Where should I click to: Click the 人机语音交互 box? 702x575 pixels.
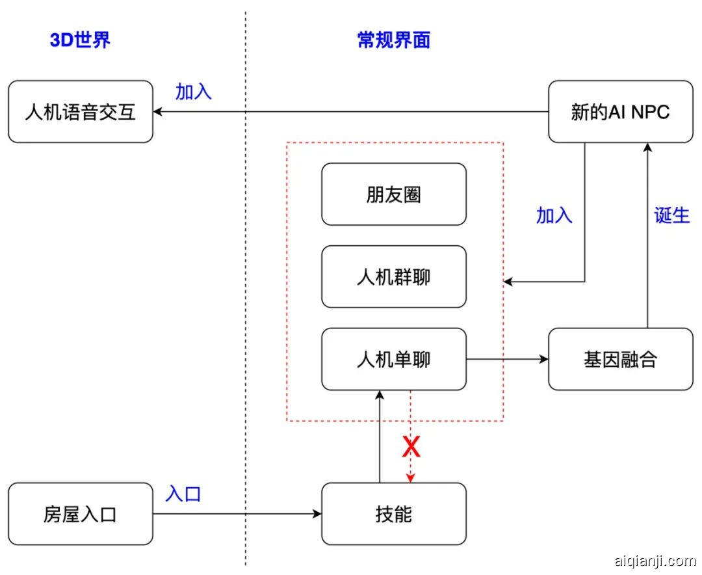coord(81,112)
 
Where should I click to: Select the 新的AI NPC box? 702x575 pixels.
coord(620,112)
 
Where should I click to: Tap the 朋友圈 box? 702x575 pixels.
coord(394,194)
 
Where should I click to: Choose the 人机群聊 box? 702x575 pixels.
coord(394,277)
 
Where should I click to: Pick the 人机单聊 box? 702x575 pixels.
coord(394,359)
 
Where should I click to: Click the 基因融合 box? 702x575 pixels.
coord(620,359)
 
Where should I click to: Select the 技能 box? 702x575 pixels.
coord(394,514)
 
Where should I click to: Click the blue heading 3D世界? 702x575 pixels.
coord(81,40)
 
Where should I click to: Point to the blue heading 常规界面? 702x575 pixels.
coord(394,40)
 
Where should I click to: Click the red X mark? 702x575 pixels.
coord(411,447)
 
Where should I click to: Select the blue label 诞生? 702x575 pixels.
coord(671,215)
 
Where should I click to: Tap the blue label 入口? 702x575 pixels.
coord(183,494)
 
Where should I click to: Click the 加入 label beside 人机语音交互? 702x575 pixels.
coord(194,92)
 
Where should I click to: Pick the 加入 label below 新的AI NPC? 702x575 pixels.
coord(554,215)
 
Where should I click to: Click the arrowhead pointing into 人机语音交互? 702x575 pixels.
coord(158,112)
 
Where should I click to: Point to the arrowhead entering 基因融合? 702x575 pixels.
coord(544,359)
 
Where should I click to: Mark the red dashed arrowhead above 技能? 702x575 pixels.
coord(411,479)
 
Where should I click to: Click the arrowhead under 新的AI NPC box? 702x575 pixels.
coord(647,148)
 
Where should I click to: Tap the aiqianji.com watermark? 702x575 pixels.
coord(654,560)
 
